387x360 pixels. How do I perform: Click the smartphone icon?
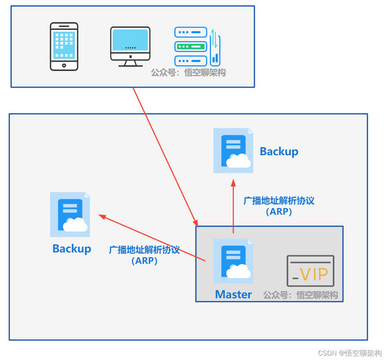click(x=64, y=46)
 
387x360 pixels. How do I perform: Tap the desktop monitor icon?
click(x=131, y=47)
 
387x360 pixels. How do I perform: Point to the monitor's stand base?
click(x=131, y=65)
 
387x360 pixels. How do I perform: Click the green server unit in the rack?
click(x=191, y=46)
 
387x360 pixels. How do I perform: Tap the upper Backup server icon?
click(x=233, y=151)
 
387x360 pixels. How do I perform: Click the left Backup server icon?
click(x=70, y=215)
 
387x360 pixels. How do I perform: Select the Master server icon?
click(x=233, y=261)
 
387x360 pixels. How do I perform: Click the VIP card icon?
click(x=311, y=271)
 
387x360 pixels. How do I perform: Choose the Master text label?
click(x=233, y=294)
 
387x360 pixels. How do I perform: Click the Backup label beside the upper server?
click(x=279, y=152)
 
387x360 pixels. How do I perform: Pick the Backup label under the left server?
click(x=72, y=249)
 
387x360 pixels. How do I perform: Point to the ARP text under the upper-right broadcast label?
click(x=279, y=212)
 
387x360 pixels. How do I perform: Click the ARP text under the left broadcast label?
click(x=144, y=261)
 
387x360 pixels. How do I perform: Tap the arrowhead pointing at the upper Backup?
click(x=233, y=182)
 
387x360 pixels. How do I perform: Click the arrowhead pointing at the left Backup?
click(x=102, y=216)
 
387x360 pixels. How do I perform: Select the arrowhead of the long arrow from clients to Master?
click(x=196, y=223)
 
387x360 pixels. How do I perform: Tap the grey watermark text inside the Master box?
click(x=300, y=295)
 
